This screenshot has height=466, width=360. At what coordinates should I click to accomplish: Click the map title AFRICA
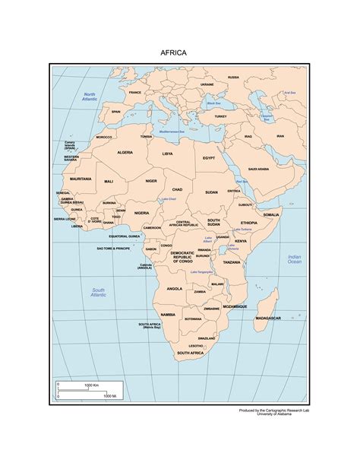[x=173, y=54]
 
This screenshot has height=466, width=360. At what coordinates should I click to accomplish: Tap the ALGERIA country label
[x=125, y=153]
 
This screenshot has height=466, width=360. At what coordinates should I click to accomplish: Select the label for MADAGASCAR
[x=270, y=317]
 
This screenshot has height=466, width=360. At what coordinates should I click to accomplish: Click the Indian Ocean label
[x=295, y=260]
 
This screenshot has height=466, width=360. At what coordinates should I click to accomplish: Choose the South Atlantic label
[x=99, y=292]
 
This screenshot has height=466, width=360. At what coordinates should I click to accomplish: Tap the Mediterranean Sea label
[x=175, y=132]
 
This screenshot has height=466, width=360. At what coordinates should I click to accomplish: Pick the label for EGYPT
[x=209, y=157]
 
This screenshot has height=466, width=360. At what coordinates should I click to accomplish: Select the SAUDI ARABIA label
[x=258, y=169]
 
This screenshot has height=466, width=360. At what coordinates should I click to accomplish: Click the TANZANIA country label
[x=232, y=262]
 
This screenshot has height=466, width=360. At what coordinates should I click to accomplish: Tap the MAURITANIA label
[x=81, y=179]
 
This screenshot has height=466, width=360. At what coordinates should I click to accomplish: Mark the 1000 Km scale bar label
[x=93, y=386]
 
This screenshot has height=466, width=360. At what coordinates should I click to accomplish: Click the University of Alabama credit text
[x=280, y=415]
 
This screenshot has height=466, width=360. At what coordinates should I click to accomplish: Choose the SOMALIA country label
[x=271, y=215]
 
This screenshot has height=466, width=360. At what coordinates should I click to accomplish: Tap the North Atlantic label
[x=90, y=97]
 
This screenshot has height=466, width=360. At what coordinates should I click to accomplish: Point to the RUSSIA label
[x=233, y=77]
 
